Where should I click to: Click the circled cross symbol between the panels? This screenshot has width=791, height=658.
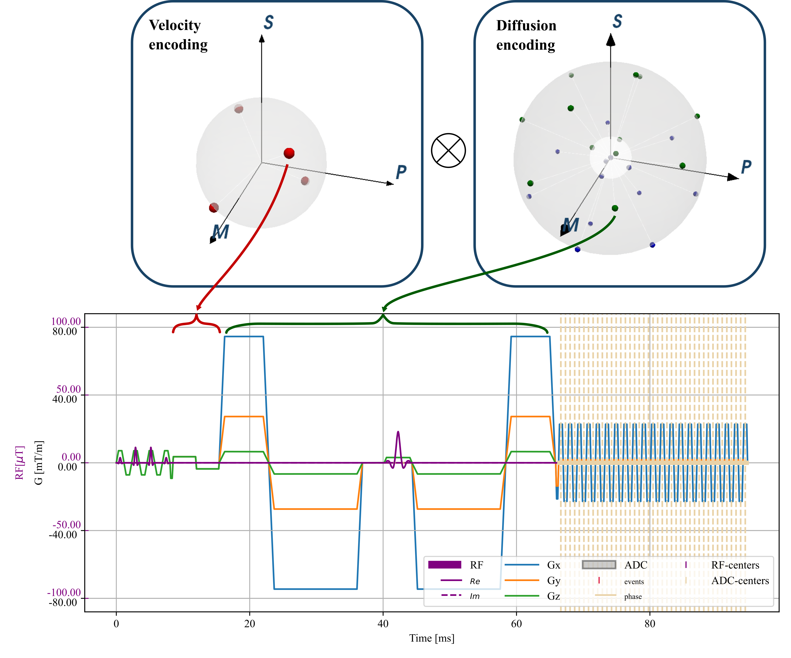(448, 150)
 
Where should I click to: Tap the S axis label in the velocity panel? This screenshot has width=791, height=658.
(268, 23)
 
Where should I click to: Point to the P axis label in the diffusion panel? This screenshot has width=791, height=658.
(746, 167)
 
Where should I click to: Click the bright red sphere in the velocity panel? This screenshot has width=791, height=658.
(289, 153)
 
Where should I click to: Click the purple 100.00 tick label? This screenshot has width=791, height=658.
(66, 321)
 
